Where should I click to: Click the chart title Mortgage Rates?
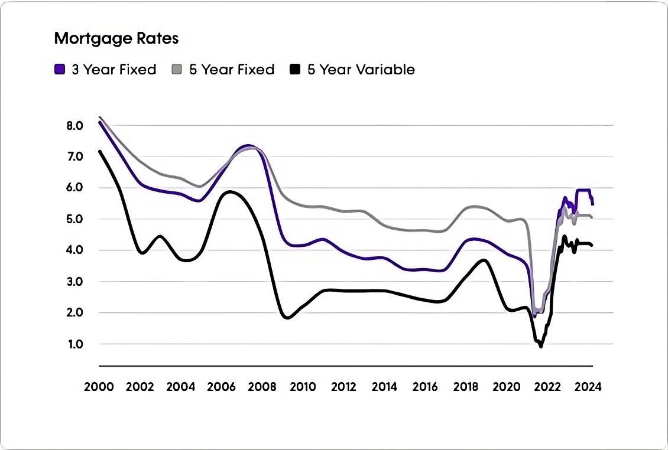tap(116, 39)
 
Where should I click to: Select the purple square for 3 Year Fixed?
tap(59, 70)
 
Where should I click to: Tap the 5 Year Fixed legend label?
tap(231, 70)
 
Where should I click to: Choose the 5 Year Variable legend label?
tap(361, 70)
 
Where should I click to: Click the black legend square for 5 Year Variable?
tap(295, 70)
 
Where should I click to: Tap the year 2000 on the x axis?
tap(99, 387)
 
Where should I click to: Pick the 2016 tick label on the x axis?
tap(425, 387)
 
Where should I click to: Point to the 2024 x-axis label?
tap(588, 387)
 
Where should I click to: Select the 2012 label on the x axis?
tap(343, 387)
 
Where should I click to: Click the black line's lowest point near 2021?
tap(540, 347)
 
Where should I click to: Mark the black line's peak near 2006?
tap(230, 191)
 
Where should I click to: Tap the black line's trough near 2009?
tap(287, 318)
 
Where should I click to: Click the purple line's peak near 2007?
tap(248, 145)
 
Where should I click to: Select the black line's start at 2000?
tap(99, 151)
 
